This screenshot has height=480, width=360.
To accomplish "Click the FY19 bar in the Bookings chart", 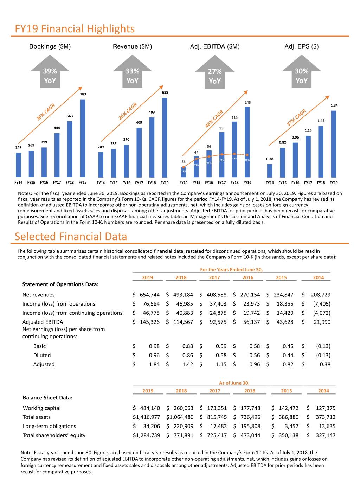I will (83, 138).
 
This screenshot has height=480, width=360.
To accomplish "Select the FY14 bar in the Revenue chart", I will (101, 165).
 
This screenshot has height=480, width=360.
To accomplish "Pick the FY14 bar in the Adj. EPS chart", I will (270, 171).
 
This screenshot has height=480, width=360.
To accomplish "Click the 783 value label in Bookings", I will (83, 94).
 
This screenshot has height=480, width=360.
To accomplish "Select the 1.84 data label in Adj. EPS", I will (334, 105).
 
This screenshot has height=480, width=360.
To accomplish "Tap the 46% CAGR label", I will (214, 119).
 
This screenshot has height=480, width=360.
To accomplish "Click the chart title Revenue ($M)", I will (132, 46).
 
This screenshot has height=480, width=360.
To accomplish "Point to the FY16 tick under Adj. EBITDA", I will (209, 183).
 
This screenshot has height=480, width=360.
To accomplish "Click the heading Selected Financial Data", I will (71, 236).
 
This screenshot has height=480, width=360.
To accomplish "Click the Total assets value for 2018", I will (180, 417).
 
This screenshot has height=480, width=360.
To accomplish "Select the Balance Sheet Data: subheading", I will (47, 398).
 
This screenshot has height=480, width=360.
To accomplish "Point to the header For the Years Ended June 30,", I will (231, 270).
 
